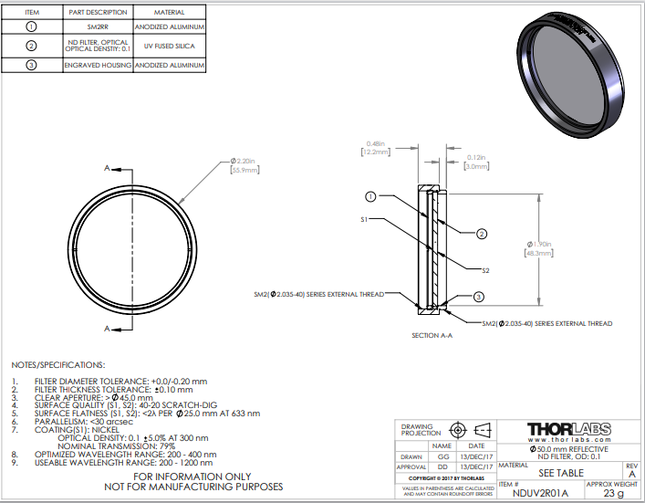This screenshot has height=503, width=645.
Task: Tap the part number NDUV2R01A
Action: pyautogui.click(x=536, y=493)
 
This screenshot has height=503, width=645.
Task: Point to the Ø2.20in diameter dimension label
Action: pyautogui.click(x=242, y=162)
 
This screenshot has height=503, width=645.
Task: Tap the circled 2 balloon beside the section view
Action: pyautogui.click(x=481, y=234)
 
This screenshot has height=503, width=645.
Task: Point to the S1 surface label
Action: pyautogui.click(x=362, y=220)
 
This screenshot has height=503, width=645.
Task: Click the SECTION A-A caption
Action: pyautogui.click(x=432, y=336)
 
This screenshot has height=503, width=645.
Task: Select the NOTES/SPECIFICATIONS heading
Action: pyautogui.click(x=58, y=364)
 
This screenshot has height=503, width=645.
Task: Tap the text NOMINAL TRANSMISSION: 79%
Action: pyautogui.click(x=133, y=445)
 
